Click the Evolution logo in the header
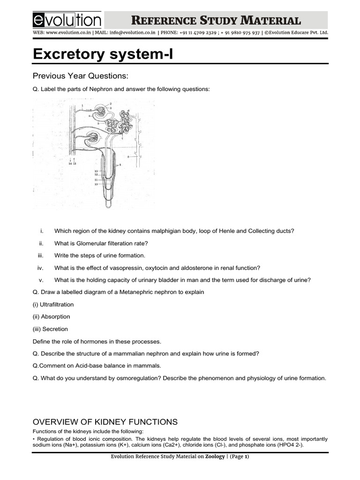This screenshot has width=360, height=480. (x=67, y=20)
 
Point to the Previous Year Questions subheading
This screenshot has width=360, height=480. (x=80, y=76)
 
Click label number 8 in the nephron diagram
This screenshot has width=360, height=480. (x=128, y=156)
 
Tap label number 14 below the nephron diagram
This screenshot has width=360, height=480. (x=70, y=164)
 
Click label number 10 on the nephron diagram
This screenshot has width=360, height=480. (x=96, y=185)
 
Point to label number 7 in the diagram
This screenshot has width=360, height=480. (x=122, y=139)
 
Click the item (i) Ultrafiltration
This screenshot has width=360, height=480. (x=53, y=305)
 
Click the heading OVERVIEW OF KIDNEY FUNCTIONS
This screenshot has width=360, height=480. (x=105, y=421)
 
